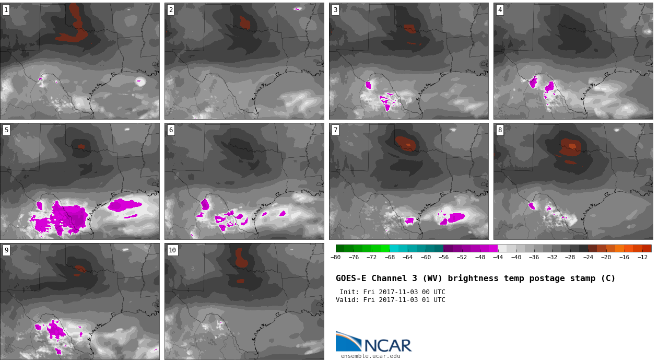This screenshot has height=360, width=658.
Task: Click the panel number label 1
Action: pyautogui.click(x=6, y=10)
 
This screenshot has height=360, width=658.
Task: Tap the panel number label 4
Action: pyautogui.click(x=500, y=10)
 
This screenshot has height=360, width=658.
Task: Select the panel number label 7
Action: pyautogui.click(x=335, y=130)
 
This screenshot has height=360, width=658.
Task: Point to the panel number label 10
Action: pyautogui.click(x=172, y=250)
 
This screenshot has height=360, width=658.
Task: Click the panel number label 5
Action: pyautogui.click(x=6, y=130)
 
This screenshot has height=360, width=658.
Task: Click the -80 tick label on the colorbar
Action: pyautogui.click(x=335, y=258)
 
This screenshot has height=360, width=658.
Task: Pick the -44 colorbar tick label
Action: pyautogui.click(x=498, y=258)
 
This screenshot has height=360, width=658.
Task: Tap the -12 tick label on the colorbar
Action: pyautogui.click(x=642, y=258)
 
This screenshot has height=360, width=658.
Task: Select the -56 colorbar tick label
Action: pyautogui.click(x=443, y=258)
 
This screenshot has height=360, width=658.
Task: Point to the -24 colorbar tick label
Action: pyautogui.click(x=588, y=258)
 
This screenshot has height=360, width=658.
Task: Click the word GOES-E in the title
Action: pyautogui.click(x=351, y=278)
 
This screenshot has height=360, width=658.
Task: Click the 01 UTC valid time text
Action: pyautogui.click(x=433, y=300)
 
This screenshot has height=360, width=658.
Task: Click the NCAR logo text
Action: pyautogui.click(x=388, y=345)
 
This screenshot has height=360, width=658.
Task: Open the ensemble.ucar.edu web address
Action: pyautogui.click(x=370, y=356)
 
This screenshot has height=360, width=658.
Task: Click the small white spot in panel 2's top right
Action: pyautogui.click(x=297, y=9)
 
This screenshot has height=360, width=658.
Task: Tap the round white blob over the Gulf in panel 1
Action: pyautogui.click(x=140, y=82)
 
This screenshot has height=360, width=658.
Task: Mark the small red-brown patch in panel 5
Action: pyautogui.click(x=81, y=146)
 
